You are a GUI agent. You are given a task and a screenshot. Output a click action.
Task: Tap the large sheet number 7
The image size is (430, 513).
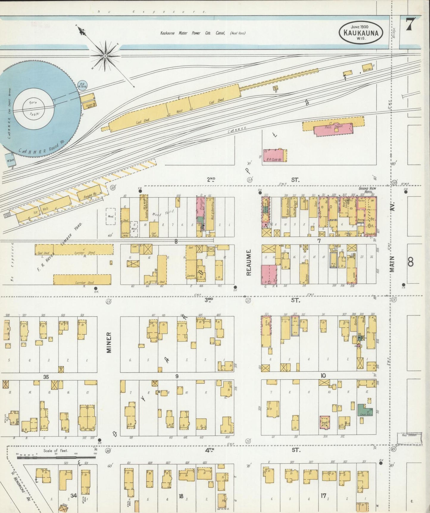point(410,24)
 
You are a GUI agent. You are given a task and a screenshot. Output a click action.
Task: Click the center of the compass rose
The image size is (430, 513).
point(105,56)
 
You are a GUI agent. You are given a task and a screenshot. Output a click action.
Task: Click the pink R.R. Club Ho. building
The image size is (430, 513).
point(274,156)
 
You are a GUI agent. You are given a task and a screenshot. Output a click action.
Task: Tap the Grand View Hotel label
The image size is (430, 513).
point(367,190)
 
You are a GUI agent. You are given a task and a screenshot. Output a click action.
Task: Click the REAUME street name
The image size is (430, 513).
point(249,262)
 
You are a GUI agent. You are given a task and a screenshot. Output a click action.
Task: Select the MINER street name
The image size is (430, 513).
point(109,342)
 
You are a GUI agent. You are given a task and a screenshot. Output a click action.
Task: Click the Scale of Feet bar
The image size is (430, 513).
point(57,457)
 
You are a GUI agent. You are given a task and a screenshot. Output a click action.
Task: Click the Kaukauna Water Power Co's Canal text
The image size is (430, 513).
point(202,33)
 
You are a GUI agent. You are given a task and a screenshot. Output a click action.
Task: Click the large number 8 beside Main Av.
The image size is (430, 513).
point(410,262)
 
